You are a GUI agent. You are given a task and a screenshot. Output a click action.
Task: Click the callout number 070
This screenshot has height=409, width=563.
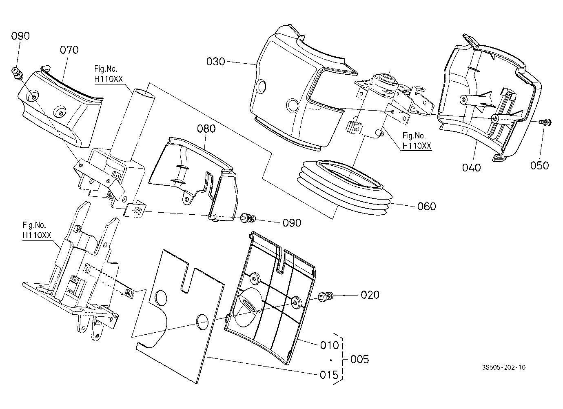(x=69, y=50)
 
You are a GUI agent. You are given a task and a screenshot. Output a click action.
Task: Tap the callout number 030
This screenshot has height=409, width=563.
(x=216, y=62)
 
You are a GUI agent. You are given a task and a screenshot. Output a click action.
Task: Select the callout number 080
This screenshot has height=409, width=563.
(x=206, y=129)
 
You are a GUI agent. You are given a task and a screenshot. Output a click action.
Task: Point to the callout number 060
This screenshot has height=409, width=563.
(x=426, y=207)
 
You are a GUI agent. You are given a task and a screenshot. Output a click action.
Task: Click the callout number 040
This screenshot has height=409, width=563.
(x=471, y=168)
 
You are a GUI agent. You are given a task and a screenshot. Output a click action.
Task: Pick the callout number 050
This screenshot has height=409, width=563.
(x=540, y=166)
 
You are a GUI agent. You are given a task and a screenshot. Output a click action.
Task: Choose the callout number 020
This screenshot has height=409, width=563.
(x=370, y=295)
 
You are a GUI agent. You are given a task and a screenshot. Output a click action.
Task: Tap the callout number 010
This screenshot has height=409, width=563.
(x=330, y=345)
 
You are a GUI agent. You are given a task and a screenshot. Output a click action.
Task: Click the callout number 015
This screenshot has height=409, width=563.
(x=329, y=375)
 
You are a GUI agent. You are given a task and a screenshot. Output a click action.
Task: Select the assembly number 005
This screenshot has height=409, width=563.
(x=360, y=360)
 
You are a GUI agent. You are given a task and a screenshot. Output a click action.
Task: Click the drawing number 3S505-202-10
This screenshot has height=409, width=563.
(x=503, y=367)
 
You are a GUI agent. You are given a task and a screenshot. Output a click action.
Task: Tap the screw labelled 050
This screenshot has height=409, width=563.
(x=545, y=122)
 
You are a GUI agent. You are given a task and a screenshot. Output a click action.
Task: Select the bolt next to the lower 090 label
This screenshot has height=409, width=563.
(x=248, y=218)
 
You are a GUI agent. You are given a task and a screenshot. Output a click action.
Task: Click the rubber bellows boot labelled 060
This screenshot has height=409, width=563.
(x=344, y=187)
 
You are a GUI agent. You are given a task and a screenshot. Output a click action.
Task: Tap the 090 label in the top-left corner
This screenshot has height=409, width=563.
(x=20, y=36)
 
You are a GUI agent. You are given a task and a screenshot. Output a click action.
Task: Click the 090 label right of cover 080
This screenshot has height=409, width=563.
(x=292, y=223)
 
